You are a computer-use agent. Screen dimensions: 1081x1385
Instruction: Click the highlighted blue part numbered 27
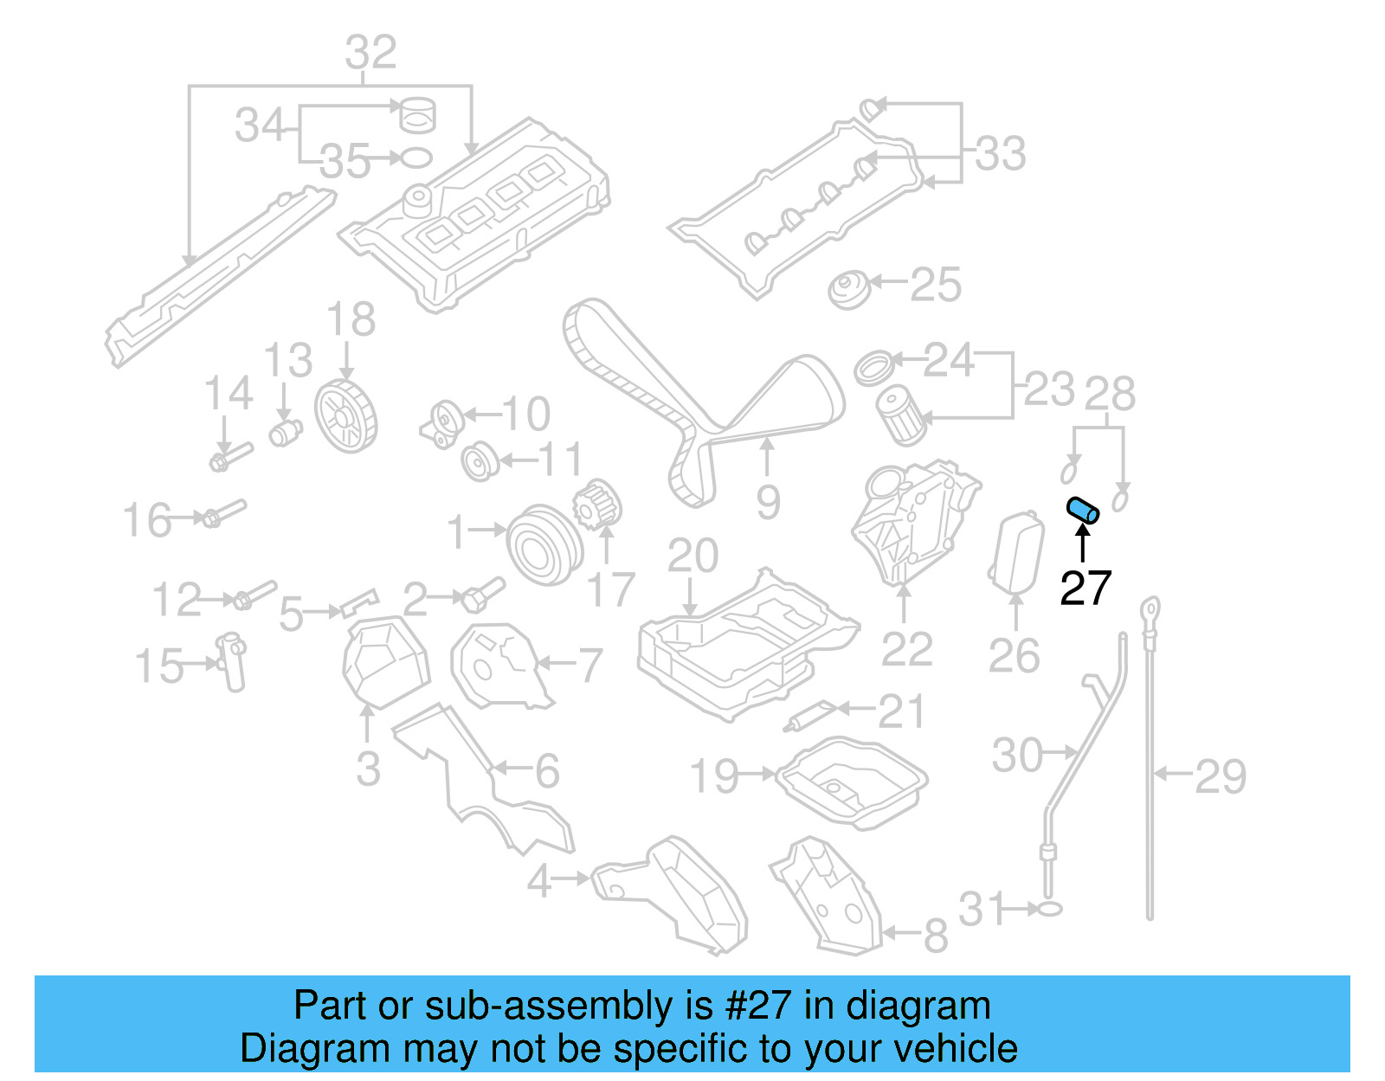[x=1083, y=511]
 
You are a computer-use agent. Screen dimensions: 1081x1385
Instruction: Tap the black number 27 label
[x=1085, y=589]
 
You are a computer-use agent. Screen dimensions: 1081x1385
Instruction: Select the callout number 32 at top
[x=370, y=53]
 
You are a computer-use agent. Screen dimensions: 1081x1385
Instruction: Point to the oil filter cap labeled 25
[x=848, y=289]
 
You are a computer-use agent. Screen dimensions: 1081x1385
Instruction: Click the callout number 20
[x=692, y=556]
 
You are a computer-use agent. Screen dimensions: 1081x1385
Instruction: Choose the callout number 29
[x=1221, y=776]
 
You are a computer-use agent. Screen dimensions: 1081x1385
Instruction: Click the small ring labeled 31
[x=1049, y=909]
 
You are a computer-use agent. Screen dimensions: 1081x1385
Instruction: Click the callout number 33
[x=1001, y=154]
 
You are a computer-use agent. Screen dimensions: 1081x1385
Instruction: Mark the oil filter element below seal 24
[x=902, y=416]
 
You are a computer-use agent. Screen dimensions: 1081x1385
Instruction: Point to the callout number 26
[x=1014, y=656]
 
